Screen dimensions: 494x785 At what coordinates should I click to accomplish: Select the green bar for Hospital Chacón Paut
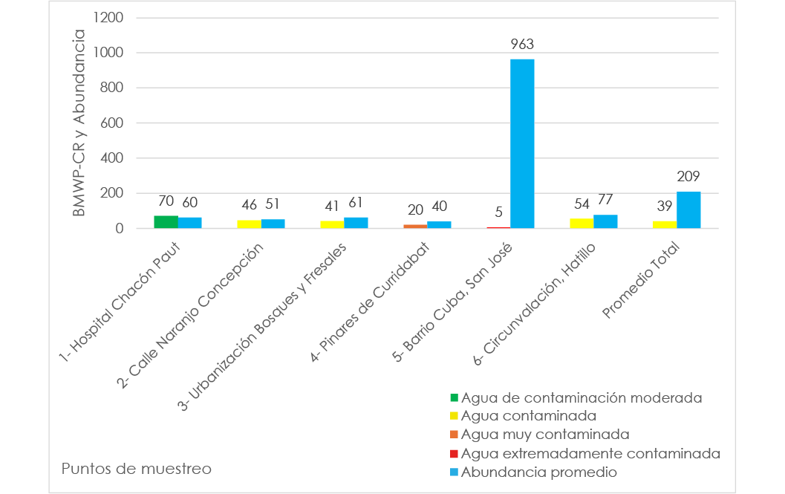[166, 222]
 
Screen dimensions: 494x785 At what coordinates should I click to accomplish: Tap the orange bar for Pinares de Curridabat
[415, 226]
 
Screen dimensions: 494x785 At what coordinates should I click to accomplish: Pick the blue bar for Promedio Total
[688, 210]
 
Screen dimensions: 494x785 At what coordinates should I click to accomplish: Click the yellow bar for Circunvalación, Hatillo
[582, 224]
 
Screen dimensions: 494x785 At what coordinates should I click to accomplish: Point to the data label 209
[688, 177]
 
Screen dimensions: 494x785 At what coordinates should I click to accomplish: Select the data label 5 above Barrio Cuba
[498, 212]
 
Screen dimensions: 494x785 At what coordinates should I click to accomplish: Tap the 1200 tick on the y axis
[108, 17]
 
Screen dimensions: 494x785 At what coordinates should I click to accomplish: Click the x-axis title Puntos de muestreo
[137, 469]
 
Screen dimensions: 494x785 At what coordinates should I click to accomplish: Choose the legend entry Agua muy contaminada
[545, 434]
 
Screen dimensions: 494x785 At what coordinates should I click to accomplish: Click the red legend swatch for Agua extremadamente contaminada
[455, 453]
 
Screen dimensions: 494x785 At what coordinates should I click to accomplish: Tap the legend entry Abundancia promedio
[539, 472]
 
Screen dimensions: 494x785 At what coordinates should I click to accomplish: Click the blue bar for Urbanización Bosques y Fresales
[356, 223]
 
